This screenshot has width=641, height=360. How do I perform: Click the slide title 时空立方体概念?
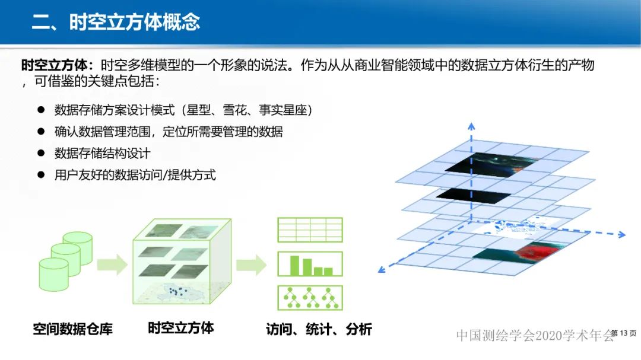pos(116,22)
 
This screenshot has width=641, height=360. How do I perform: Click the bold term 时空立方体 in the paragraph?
pos(56,65)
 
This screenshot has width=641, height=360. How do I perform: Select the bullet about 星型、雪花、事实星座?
pos(183,110)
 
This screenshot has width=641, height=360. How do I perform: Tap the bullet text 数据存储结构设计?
pos(102,153)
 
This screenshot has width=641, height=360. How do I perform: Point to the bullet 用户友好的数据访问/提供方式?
pos(135,175)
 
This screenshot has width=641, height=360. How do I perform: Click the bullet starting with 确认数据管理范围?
pos(168,132)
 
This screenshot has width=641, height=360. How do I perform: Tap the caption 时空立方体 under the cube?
pos(181,328)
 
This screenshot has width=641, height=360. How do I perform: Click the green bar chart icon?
pos(310,265)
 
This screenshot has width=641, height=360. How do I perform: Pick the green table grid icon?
pos(310,230)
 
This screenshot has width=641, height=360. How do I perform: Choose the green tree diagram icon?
pos(310,298)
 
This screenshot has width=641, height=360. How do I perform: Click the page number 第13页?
pos(623,333)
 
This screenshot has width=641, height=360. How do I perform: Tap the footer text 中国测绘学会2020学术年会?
pos(534,336)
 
